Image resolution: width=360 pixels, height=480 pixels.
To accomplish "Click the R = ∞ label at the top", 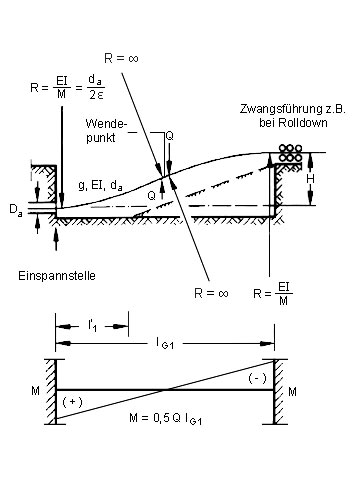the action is click(121, 58).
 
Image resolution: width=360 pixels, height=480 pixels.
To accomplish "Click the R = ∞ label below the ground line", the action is click(211, 293).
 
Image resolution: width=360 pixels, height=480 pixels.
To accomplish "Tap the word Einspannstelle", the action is click(57, 276).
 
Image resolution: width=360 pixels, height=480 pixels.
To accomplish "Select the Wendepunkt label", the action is click(107, 131).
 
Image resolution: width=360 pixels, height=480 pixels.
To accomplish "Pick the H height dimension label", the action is click(311, 179).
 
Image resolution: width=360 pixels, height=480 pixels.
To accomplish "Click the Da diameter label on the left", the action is click(16, 210).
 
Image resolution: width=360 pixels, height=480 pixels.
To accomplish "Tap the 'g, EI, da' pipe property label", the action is click(100, 185).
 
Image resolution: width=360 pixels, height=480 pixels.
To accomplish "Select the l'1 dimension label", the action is click(93, 325).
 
